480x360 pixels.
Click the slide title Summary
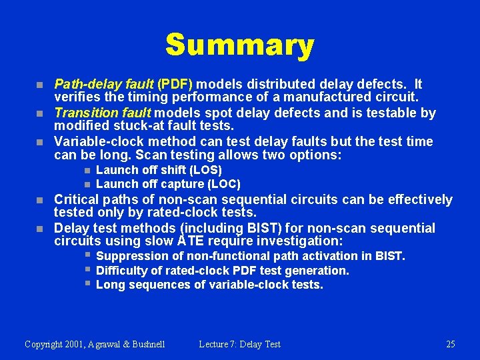click(239, 45)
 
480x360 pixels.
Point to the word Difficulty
click(121, 271)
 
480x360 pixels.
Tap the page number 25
click(451, 345)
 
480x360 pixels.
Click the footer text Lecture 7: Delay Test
click(239, 345)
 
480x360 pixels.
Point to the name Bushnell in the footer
click(145, 345)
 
